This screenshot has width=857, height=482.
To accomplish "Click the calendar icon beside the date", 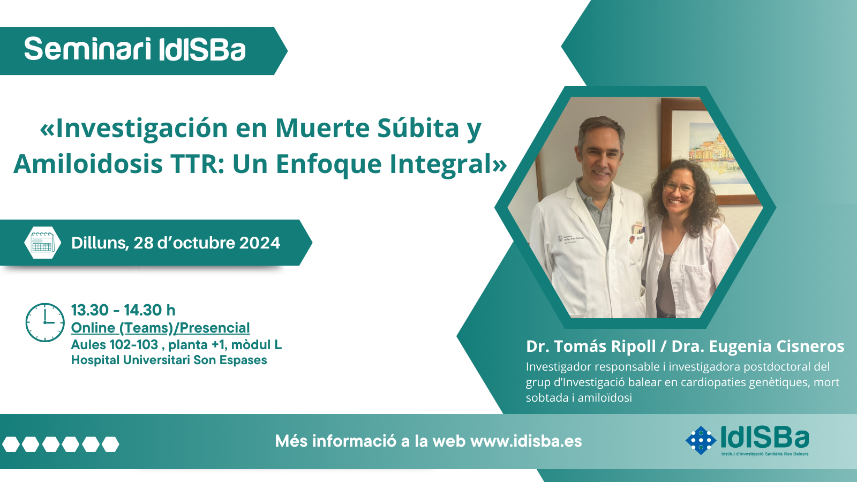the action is pyautogui.click(x=42, y=243).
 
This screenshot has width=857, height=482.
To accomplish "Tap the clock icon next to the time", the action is pyautogui.click(x=45, y=322).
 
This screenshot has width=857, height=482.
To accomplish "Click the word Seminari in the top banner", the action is pyautogui.click(x=88, y=49).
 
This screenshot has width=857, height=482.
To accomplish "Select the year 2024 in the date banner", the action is pyautogui.click(x=259, y=243).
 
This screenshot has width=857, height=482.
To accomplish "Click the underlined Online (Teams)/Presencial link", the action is pyautogui.click(x=160, y=328).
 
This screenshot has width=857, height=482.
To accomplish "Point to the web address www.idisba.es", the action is pyautogui.click(x=526, y=441).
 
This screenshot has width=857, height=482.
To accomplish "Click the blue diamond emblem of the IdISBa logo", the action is pyautogui.click(x=701, y=440).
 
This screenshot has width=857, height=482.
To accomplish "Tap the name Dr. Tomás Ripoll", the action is pyautogui.click(x=591, y=346).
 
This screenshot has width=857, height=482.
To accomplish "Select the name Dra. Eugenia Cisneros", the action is pyautogui.click(x=758, y=346).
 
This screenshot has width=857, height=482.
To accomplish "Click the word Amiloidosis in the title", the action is pyautogui.click(x=88, y=164).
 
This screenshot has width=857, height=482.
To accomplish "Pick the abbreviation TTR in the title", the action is pyautogui.click(x=198, y=164).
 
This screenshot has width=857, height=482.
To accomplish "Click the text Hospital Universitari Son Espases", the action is pyautogui.click(x=169, y=360).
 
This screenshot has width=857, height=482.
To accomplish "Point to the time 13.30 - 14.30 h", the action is pyautogui.click(x=123, y=310).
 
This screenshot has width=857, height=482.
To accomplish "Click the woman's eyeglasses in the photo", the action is pyautogui.click(x=678, y=188).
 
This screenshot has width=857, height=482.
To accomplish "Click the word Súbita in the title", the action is pyautogui.click(x=418, y=128).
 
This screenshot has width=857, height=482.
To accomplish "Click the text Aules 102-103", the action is pyautogui.click(x=115, y=345).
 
